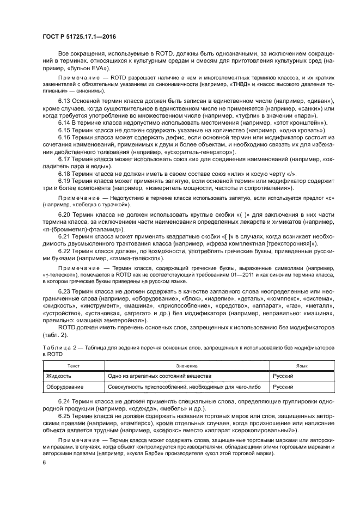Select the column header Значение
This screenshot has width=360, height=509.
pyautogui.click(x=186, y=366)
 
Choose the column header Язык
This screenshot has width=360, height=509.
pyautogui.click(x=296, y=366)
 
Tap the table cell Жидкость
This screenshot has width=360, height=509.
pyautogui.click(x=58, y=376)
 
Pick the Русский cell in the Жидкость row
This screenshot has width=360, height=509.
pyautogui.click(x=283, y=376)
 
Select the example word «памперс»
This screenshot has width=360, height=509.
pyautogui.click(x=123, y=422)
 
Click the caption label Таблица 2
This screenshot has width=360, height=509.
pyautogui.click(x=58, y=346)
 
